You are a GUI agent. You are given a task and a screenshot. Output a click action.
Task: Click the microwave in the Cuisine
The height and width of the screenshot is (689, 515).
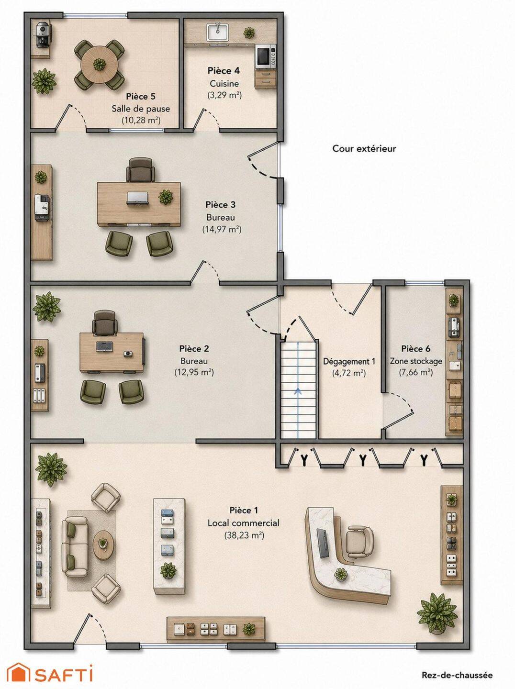coord(265,56)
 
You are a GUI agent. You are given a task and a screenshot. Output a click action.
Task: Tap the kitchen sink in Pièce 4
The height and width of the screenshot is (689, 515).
coord(218,32)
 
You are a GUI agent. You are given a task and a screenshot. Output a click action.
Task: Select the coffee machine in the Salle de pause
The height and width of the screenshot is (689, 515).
coord(42,35)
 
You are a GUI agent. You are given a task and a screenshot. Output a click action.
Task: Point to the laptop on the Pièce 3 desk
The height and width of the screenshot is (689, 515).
coord(137,199)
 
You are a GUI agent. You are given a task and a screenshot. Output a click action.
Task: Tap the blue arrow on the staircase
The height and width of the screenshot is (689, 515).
coord(298,391)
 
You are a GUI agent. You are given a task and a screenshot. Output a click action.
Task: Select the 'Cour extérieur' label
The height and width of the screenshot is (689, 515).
coord(364,148)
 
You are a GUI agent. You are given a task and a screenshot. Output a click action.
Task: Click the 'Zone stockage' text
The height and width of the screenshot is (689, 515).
coord(416,361)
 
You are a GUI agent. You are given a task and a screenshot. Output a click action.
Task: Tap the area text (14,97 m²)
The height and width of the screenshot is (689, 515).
coord(222,230)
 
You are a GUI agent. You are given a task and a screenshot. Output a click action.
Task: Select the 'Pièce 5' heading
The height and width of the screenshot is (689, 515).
coord(141,96)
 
